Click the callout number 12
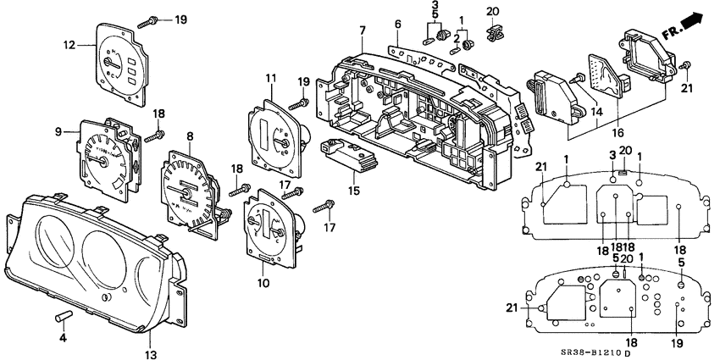pos(69,44)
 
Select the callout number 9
pos(59,131)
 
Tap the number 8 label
pos(190,136)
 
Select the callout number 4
pos(62,338)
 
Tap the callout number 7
pos(362,30)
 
